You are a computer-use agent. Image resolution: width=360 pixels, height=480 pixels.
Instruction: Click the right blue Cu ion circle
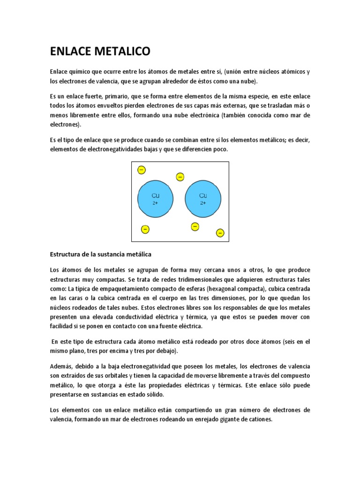203,198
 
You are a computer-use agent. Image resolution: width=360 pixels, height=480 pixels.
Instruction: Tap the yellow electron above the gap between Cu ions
180,176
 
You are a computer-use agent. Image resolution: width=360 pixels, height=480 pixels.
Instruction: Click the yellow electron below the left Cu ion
145,229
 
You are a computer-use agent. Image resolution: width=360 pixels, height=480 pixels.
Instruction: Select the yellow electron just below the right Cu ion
195,226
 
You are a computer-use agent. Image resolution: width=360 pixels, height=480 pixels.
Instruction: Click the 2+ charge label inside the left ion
156,203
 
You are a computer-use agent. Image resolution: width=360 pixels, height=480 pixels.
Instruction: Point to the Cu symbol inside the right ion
203,195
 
